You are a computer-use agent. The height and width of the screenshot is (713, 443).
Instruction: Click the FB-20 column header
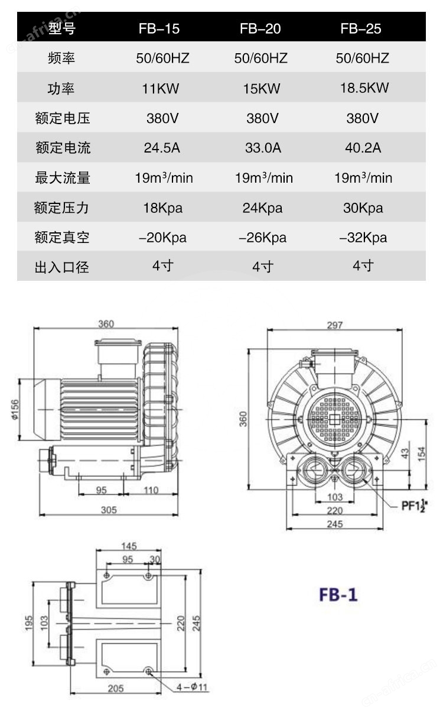[260, 28]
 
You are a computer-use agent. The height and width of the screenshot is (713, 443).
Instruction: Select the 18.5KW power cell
[364, 88]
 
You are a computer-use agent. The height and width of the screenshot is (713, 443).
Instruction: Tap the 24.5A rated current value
[162, 148]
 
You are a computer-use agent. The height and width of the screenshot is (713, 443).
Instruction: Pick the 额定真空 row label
[62, 238]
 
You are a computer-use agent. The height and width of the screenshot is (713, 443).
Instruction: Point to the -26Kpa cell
[262, 238]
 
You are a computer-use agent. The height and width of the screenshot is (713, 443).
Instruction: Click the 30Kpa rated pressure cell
[363, 208]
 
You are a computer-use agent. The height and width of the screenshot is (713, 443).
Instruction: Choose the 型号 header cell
[62, 28]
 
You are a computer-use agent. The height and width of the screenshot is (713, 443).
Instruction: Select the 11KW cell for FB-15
[160, 89]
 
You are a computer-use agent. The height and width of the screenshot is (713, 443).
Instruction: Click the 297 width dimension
[334, 325]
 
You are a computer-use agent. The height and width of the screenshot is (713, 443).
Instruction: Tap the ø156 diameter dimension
[14, 409]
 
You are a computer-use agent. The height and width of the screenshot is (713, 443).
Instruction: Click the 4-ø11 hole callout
[193, 687]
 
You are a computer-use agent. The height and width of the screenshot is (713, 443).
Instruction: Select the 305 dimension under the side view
[108, 510]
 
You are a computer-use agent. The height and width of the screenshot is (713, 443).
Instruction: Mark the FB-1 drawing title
[338, 594]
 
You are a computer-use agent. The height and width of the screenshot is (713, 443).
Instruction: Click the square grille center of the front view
[334, 420]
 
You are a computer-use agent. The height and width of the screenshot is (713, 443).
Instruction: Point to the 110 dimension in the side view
[151, 490]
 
